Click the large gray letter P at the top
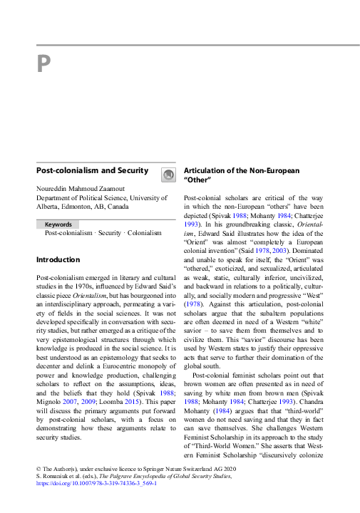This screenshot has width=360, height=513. [x=43, y=65]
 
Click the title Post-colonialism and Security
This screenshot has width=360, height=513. [x=92, y=171]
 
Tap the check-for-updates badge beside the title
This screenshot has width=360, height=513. [x=167, y=174]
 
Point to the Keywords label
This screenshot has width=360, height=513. [x=59, y=224]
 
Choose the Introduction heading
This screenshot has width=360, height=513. [x=58, y=260]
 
